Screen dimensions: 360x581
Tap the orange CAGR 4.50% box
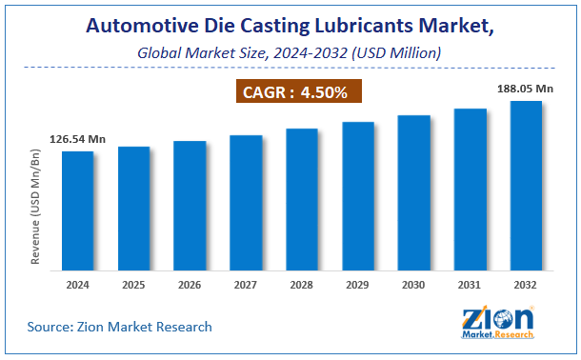pyautogui.click(x=301, y=93)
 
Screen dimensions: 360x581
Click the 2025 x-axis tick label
pyautogui.click(x=134, y=284)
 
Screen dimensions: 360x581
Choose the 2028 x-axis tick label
pyautogui.click(x=302, y=284)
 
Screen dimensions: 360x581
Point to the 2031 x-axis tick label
pyautogui.click(x=470, y=284)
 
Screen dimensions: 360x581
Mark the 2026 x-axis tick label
pyautogui.click(x=190, y=284)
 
